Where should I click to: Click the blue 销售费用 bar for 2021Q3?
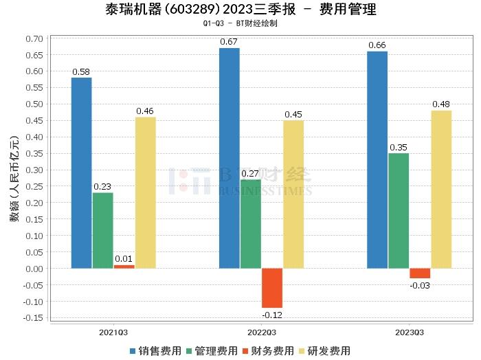coord(81,172)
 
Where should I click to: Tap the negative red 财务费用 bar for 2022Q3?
coord(272,288)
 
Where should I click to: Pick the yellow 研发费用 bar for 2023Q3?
coord(441,189)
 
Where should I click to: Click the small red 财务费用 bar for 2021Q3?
coord(124,267)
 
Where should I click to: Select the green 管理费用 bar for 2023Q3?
coord(399,210)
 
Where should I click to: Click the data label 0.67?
coord(230,42)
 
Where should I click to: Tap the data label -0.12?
coord(272,314)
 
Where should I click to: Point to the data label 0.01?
coord(124,259)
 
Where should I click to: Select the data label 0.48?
coord(441,104)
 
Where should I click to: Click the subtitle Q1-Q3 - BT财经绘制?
coord(240,23)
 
